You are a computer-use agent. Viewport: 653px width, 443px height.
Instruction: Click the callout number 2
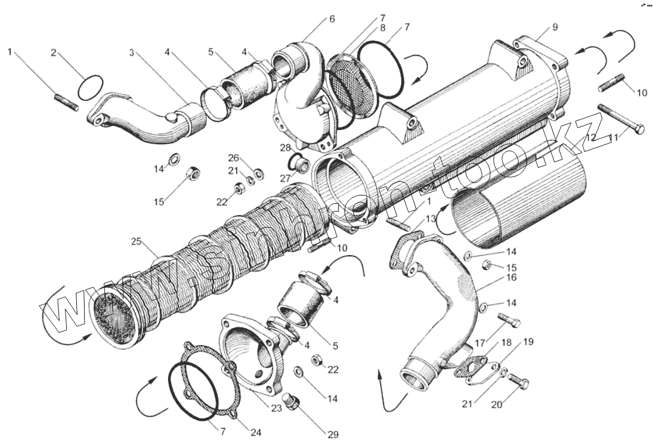coord(53,52)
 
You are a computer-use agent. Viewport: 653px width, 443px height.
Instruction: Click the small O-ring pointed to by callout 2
coord(89,87)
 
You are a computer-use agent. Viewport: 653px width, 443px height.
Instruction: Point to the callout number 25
coord(137,242)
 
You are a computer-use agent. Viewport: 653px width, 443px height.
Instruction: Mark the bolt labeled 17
coord(508,321)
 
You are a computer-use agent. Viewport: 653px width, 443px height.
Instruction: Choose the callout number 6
coord(332,18)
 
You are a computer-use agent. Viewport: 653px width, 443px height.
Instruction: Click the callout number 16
coord(512,277)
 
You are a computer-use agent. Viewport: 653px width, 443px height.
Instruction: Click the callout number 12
coord(590,137)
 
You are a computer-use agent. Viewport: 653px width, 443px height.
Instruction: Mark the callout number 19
coord(528,342)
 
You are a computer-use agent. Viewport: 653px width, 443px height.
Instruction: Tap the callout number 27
coord(284,178)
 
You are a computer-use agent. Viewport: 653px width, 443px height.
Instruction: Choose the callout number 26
coord(233,158)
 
